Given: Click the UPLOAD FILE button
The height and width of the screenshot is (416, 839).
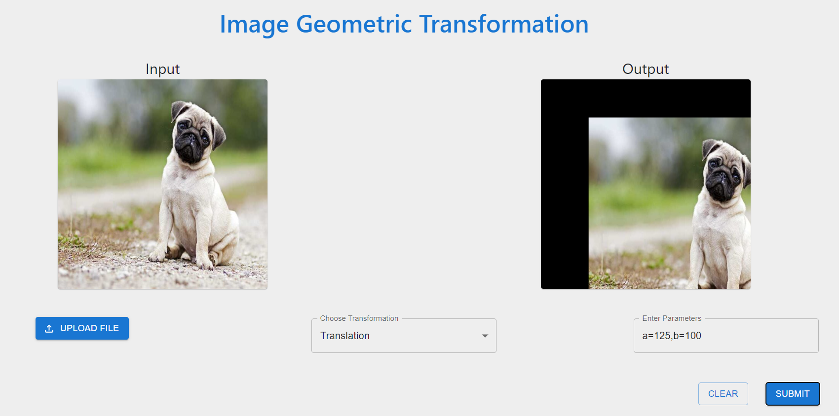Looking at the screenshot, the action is coord(82,328).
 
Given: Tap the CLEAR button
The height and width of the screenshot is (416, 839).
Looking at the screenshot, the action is coord(723,393).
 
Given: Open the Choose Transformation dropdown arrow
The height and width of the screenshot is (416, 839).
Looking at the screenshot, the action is coord(485,336).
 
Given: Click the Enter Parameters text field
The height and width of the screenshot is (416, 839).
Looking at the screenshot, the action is coord(726,336).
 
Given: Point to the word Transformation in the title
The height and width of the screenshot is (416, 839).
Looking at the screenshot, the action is coord(504,24).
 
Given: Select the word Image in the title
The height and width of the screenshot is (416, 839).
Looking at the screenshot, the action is coord(254,24).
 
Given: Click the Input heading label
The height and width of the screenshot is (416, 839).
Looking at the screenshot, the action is coord(162,69).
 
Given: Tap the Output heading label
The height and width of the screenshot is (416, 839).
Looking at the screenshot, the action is coord(646,69).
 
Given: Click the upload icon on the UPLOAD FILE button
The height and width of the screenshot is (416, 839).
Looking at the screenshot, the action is coord(49,328).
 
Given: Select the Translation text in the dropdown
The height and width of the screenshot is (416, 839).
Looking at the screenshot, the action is coord(345,336).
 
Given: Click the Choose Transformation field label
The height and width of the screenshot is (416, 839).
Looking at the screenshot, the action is coord(359,318).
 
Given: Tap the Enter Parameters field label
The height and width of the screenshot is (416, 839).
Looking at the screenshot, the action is coord(672,318).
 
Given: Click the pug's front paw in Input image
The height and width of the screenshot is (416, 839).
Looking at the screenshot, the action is coord(157,256).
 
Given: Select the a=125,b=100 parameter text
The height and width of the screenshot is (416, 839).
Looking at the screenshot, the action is coord(672,336).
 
